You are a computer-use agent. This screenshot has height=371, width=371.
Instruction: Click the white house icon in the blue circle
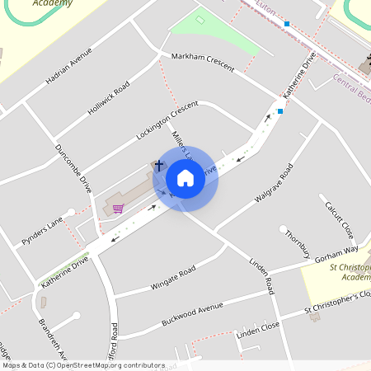tap(185, 177)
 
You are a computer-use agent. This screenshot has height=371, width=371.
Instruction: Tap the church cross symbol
tap(159, 166)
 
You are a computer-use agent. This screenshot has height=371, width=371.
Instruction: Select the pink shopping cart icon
tap(118, 208)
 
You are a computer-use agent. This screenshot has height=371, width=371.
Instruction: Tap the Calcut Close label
tap(338, 218)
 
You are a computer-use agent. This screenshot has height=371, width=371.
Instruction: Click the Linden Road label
tap(261, 275)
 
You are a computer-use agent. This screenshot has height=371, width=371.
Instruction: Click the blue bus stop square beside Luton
tap(287, 24)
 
